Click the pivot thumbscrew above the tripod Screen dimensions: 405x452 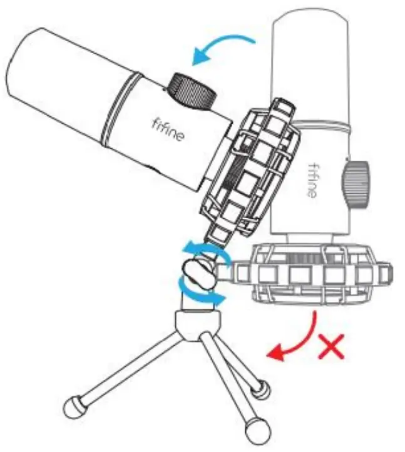click(191, 272)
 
